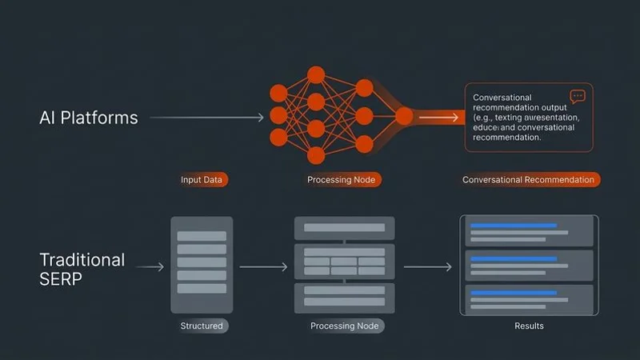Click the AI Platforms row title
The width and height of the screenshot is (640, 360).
pos(88,118)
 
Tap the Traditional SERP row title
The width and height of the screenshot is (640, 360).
pos(82,270)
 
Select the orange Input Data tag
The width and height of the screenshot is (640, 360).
pos(202,180)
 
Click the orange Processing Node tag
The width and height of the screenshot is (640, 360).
pos(341,180)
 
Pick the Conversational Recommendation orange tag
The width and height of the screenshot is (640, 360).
pos(528,180)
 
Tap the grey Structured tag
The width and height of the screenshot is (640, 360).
pos(202,326)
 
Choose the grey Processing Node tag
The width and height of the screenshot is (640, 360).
pos(346,326)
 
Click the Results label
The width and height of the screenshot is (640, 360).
pos(529,326)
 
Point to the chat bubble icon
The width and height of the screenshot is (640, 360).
pos(578,96)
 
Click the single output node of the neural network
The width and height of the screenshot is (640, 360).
pos(405,117)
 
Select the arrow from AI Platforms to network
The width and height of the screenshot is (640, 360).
pos(206,118)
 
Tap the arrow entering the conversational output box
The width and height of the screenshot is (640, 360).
pos(440,117)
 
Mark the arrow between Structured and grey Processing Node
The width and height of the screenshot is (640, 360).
pos(263,267)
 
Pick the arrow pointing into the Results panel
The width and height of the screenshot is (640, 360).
pos(427,267)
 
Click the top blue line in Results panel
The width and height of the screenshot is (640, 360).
pos(513,226)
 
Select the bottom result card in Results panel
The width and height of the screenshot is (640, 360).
pos(529,298)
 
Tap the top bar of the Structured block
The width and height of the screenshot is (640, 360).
pos(202,236)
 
